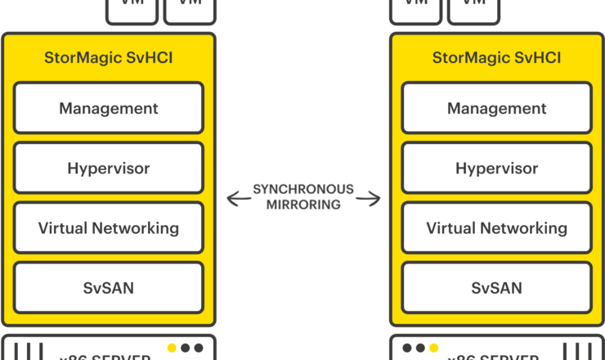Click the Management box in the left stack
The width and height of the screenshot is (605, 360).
pyautogui.click(x=109, y=108)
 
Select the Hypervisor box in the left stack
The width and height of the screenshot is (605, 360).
pyautogui.click(x=109, y=169)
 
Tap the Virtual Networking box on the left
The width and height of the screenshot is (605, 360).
pyautogui.click(x=109, y=228)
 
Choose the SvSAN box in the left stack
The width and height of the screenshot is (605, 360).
pyautogui.click(x=109, y=288)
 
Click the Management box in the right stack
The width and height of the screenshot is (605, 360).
pyautogui.click(x=496, y=108)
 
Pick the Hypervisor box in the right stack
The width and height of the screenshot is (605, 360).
pyautogui.click(x=496, y=169)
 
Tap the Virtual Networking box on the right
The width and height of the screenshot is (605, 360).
pyautogui.click(x=496, y=228)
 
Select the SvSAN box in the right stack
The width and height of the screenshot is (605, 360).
pyautogui.click(x=496, y=288)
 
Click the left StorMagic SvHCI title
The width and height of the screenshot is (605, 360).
pyautogui.click(x=109, y=58)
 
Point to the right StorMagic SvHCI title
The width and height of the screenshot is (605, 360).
pyautogui.click(x=496, y=58)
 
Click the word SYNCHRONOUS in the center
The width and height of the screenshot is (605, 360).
pyautogui.click(x=303, y=190)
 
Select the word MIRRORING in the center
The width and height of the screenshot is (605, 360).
pyautogui.click(x=303, y=205)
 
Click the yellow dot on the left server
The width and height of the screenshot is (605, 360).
pyautogui.click(x=172, y=348)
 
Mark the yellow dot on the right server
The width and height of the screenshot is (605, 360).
pyautogui.click(x=433, y=348)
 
